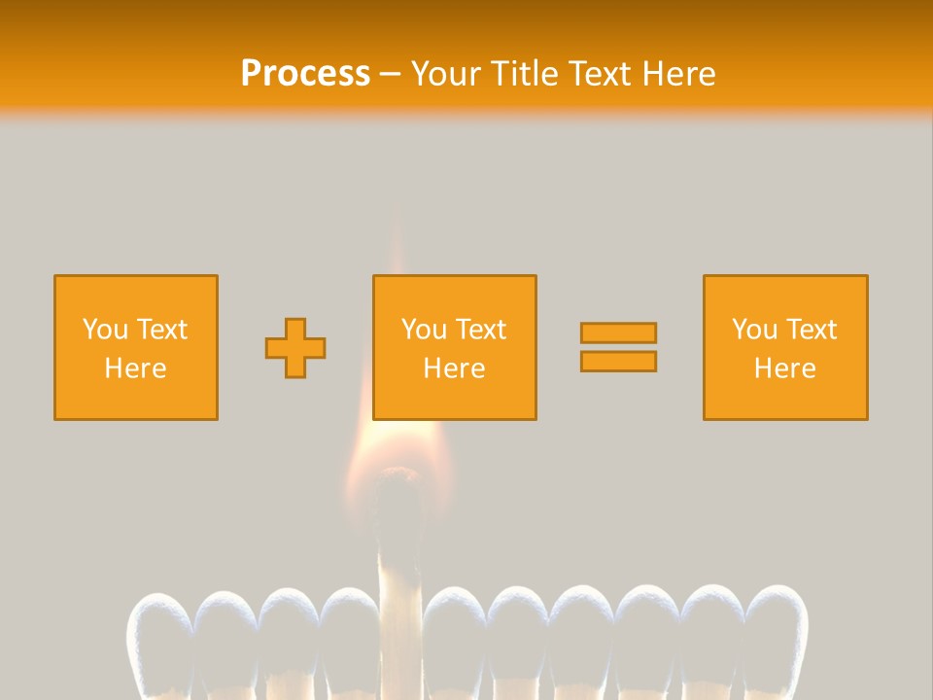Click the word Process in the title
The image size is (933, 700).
305,74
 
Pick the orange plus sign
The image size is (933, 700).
295,348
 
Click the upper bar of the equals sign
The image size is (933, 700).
618,332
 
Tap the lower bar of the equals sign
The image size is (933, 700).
618,361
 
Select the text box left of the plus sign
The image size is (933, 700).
136,347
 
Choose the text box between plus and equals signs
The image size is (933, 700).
455,347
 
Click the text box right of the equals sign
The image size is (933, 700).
785,347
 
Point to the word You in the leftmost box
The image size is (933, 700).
104,330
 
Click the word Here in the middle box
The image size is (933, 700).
455,368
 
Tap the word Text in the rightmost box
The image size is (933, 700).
812,330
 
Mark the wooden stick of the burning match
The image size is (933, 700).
396,603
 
